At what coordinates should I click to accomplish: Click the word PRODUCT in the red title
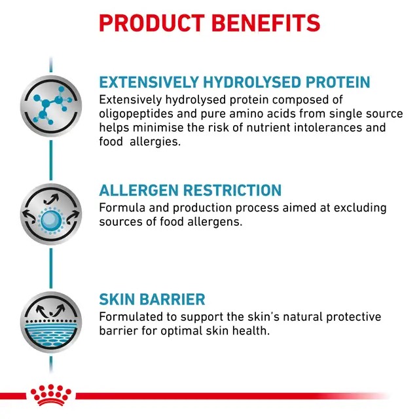coord(153,22)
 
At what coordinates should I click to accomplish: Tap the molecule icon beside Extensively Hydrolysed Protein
coord(50,106)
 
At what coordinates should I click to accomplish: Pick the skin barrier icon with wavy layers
coord(50,324)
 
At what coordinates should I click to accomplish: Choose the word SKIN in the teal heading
coord(116,300)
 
